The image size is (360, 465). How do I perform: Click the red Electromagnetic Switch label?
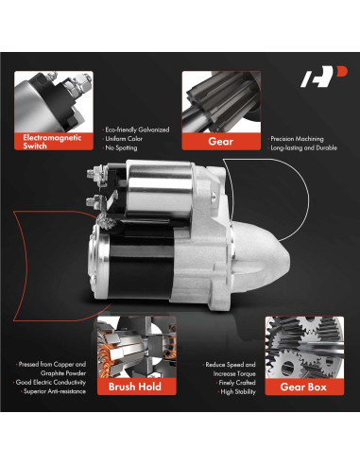point(54,141)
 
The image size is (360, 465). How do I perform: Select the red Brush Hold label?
point(134,386)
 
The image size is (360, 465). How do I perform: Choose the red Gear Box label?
point(298,386)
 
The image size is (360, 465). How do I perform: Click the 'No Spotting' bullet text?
point(124,148)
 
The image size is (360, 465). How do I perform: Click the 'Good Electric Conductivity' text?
point(49,380)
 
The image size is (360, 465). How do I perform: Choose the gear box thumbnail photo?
point(298,346)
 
